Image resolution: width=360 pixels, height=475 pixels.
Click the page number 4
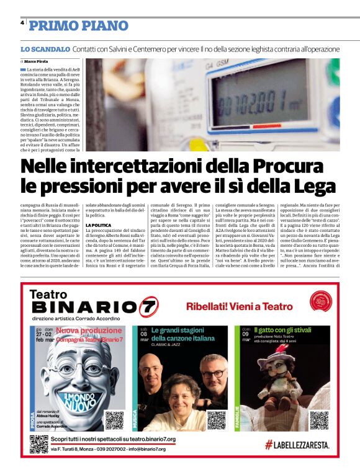pyautogui.click(x=22, y=24)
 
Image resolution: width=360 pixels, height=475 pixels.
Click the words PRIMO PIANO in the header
pyautogui.click(x=79, y=25)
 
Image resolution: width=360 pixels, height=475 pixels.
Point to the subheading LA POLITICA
pyautogui.click(x=99, y=224)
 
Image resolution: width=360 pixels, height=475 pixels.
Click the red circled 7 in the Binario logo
pyautogui.click(x=149, y=306)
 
